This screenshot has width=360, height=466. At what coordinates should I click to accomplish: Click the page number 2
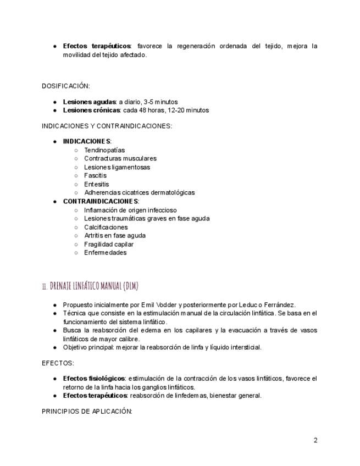(x=315, y=440)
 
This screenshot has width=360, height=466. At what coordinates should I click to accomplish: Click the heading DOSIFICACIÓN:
(x=65, y=86)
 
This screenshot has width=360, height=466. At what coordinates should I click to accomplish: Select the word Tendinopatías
(x=104, y=150)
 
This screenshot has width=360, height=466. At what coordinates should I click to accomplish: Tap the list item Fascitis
(x=95, y=176)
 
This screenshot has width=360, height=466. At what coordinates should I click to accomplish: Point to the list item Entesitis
(x=96, y=184)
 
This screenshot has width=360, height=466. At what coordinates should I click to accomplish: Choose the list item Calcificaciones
(x=106, y=227)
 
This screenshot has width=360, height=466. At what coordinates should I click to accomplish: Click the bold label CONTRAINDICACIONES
(x=101, y=201)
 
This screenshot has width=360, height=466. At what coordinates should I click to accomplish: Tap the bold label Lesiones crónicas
(x=91, y=110)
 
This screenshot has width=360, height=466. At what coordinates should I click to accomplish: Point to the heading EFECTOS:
(x=58, y=363)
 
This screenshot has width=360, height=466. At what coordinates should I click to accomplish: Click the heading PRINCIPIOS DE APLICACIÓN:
(x=87, y=411)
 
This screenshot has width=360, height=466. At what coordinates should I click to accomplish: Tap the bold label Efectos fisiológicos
(x=94, y=379)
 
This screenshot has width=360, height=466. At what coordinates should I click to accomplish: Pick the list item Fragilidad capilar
(x=109, y=244)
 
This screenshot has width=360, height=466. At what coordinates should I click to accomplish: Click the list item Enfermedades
(x=105, y=253)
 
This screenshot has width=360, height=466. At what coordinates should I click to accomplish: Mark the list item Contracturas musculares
(x=120, y=158)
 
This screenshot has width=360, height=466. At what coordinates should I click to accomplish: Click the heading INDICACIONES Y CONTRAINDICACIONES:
(x=107, y=126)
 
